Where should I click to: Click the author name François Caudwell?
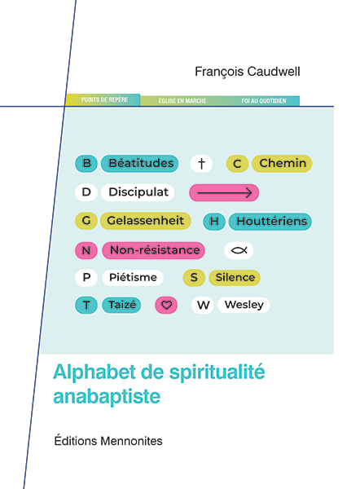pyautogui.click(x=247, y=72)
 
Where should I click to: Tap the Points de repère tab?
pyautogui.click(x=103, y=99)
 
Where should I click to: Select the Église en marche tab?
pyautogui.click(x=182, y=101)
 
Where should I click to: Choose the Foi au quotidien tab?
pyautogui.click(x=263, y=101)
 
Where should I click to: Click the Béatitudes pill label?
pyautogui.click(x=139, y=164)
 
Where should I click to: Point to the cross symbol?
pyautogui.click(x=201, y=164)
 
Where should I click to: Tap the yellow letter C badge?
pyautogui.click(x=237, y=164)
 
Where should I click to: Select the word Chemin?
pyautogui.click(x=282, y=164)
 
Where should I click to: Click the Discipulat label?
pyautogui.click(x=138, y=192)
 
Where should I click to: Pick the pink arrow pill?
pyautogui.click(x=224, y=192)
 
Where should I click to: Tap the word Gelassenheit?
pyautogui.click(x=145, y=221)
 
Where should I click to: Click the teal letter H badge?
pyautogui.click(x=214, y=222)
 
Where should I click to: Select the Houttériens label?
pyautogui.click(x=270, y=222)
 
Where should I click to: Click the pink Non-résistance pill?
pyautogui.click(x=154, y=250)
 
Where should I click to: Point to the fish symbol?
pyautogui.click(x=239, y=250)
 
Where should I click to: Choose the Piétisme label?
pyautogui.click(x=133, y=278)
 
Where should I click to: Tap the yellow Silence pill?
pyautogui.click(x=235, y=278)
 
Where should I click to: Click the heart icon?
pyautogui.click(x=166, y=305)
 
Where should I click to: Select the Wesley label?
pyautogui.click(x=244, y=305)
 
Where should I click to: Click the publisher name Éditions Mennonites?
pyautogui.click(x=108, y=441)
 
